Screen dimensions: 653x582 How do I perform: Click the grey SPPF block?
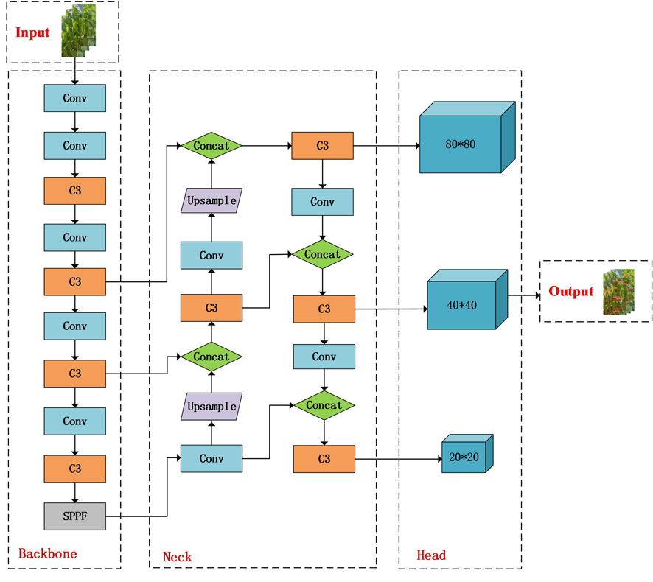pos(75,516)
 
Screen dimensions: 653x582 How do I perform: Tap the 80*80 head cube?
pos(467,137)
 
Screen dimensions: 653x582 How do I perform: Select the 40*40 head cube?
pos(467,300)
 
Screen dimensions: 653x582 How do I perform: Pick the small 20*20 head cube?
pos(467,454)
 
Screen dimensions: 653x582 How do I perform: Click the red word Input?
pos(32,32)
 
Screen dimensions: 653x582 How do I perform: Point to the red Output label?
pos(571,292)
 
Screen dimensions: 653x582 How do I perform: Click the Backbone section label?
pos(48,554)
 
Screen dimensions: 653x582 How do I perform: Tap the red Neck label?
pos(178,557)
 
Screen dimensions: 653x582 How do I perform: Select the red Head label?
pos(431,555)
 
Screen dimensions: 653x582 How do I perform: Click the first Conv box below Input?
pos(75,98)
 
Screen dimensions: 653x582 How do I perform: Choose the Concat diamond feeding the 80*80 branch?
pos(212,146)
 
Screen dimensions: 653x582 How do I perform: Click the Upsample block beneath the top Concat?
pos(212,200)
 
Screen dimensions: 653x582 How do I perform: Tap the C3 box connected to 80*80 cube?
pos(322,146)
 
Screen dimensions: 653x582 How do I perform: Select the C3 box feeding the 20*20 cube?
pos(324,459)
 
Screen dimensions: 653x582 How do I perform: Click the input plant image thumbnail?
pos(79,31)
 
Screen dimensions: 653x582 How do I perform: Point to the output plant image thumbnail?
pos(619,292)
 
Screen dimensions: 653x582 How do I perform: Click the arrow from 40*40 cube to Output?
pos(524,295)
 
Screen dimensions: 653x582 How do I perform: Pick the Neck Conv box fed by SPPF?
pos(212,459)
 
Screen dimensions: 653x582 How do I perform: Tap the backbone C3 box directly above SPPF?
pos(75,469)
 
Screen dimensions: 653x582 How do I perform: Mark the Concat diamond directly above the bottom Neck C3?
pos(324,405)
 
